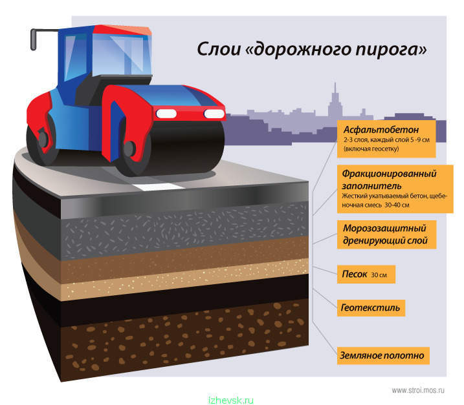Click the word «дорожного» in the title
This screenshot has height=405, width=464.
pyautogui.click(x=300, y=50)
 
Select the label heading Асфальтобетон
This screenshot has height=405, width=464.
pyautogui.click(x=381, y=130)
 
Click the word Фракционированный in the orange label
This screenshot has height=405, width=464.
pyautogui.click(x=389, y=174)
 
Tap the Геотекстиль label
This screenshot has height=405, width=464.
pyautogui.click(x=371, y=308)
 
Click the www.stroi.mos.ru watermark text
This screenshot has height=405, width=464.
pyautogui.click(x=418, y=390)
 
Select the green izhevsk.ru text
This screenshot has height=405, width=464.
pyautogui.click(x=231, y=400)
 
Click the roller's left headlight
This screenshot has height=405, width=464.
pyautogui.click(x=166, y=114)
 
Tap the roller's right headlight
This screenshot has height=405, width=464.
pyautogui.click(x=214, y=114)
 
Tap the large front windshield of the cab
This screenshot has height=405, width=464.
pyautogui.click(x=121, y=56)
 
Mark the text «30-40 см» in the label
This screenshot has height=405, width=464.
pyautogui.click(x=397, y=205)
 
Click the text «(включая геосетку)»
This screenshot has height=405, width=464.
pyautogui.click(x=371, y=149)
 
